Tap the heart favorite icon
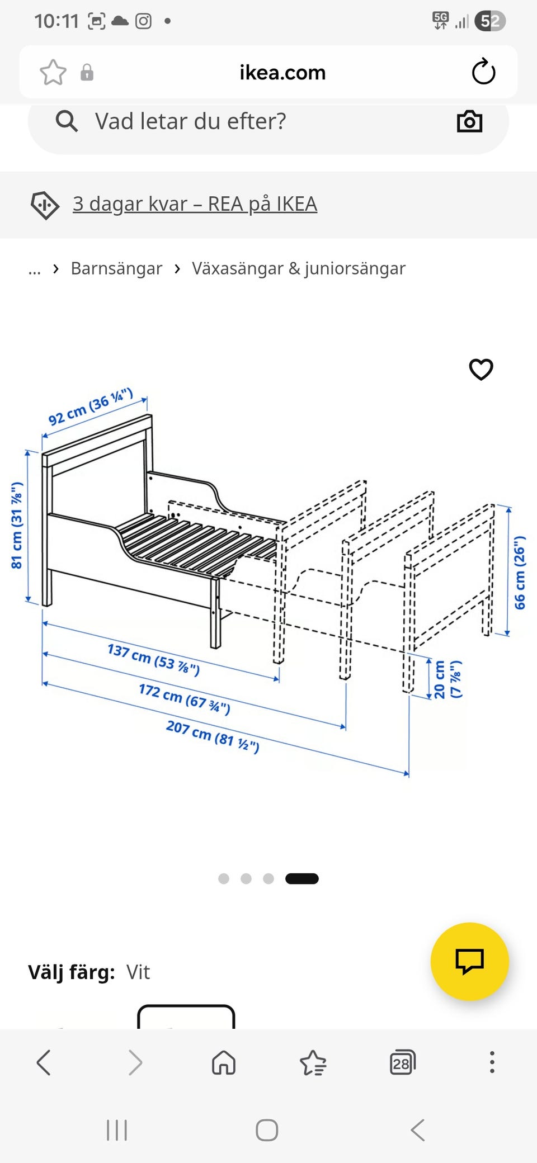pos(481,369)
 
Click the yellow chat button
pos(469,961)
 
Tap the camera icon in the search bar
pos(469,121)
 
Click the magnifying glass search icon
pos(67,121)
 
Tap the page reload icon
pos(483,72)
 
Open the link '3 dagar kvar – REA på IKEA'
pos(195,204)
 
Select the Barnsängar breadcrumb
pos(116,268)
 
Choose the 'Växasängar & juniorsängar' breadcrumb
pos(299,268)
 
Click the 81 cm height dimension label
pos(17,525)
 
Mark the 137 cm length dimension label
pos(153,659)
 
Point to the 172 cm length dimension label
pos(185,699)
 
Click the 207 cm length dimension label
pos(213,736)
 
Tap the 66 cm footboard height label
pos(520,572)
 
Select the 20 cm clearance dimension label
pos(447,679)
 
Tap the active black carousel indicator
pos(302,878)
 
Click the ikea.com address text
pos(282,73)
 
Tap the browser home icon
pos(224,1062)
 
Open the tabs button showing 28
pos(402,1062)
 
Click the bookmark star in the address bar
pos(53,72)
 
